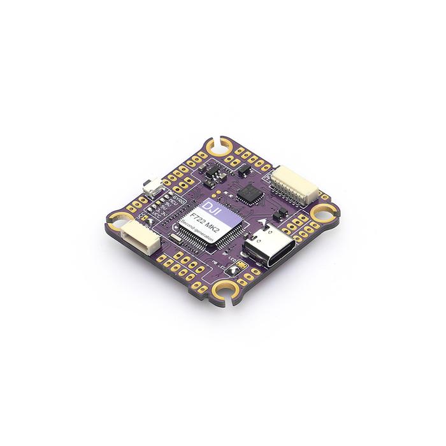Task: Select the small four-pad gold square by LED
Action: coord(245,263)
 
